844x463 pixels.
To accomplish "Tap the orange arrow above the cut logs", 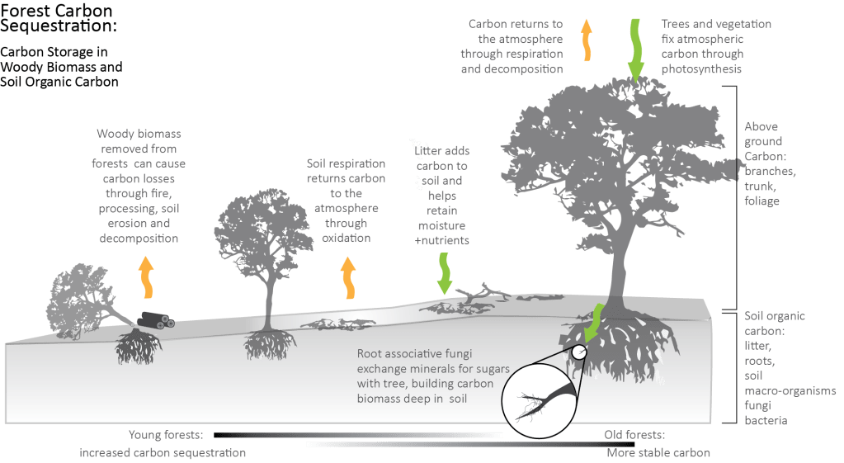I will coord(147,276).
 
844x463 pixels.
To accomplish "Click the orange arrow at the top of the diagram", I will coord(587,39).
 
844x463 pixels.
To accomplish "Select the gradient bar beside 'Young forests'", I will coord(357,434).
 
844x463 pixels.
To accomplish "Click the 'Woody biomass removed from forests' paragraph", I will coord(140,185).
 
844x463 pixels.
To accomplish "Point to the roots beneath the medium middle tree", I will coord(266,346).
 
